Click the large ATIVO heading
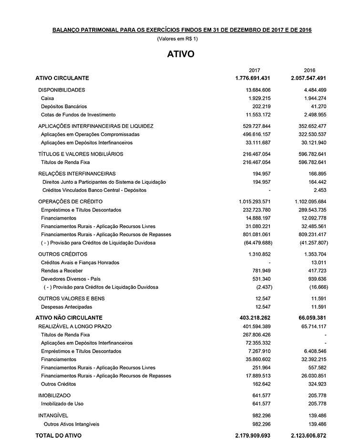[181, 54]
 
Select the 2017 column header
[254, 70]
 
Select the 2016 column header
[309, 70]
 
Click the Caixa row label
[48, 98]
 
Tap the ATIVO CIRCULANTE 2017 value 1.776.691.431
[253, 78]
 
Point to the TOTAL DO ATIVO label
[59, 435]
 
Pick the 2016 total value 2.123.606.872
[309, 435]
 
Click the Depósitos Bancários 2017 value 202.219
[260, 106]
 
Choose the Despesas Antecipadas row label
[67, 307]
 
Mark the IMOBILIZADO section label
[54, 395]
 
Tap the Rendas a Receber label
[62, 271]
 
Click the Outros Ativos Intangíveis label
[72, 424]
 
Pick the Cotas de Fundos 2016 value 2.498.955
[313, 115]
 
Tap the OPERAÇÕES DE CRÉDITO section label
[70, 201]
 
